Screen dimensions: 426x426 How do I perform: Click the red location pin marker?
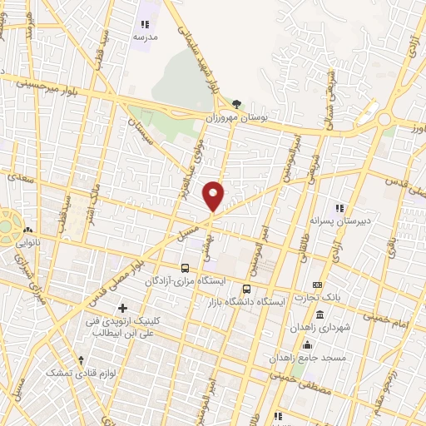(x=214, y=196)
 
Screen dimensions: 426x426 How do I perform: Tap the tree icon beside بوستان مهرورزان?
(x=237, y=103)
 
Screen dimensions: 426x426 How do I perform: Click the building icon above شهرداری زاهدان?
(x=320, y=316)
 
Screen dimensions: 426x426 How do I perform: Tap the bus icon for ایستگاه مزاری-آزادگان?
(x=184, y=268)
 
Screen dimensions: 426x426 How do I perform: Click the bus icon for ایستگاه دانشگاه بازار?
(x=245, y=289)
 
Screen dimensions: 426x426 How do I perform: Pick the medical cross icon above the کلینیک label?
(x=122, y=309)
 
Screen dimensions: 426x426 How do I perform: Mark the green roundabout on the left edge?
(x=6, y=225)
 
